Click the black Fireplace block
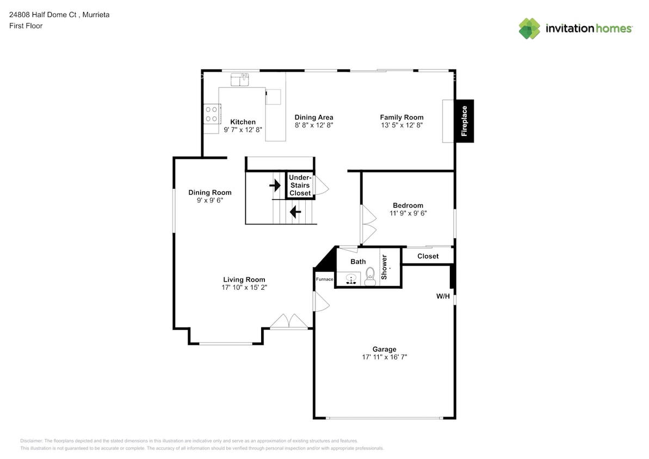tap(465, 121)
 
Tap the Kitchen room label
tap(243, 122)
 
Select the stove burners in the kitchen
tap(212, 114)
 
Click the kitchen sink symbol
tap(240, 79)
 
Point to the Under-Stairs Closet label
tap(300, 185)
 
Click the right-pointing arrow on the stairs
tap(275, 185)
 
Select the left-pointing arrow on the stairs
tap(295, 212)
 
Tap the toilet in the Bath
tap(370, 276)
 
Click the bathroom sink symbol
tap(351, 279)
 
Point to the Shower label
tap(384, 267)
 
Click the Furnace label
tap(324, 279)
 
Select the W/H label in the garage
tap(443, 296)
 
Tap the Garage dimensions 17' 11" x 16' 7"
tap(385, 357)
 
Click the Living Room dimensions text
tap(244, 287)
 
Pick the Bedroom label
tap(408, 205)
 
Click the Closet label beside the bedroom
tap(428, 256)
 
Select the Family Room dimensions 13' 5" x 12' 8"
tap(402, 125)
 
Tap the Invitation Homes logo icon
tap(529, 29)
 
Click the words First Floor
tap(26, 26)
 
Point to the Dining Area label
tap(314, 117)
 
